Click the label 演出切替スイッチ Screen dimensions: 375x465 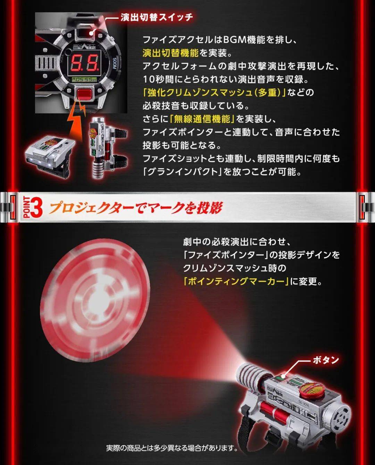pos(157,17)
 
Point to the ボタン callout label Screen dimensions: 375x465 pos(326,360)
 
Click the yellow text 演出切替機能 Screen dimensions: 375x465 pos(170,53)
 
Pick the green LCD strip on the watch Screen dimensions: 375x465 pos(84,79)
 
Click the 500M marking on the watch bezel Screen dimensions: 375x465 pos(114,64)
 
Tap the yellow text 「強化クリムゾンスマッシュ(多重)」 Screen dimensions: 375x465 pos(215,93)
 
